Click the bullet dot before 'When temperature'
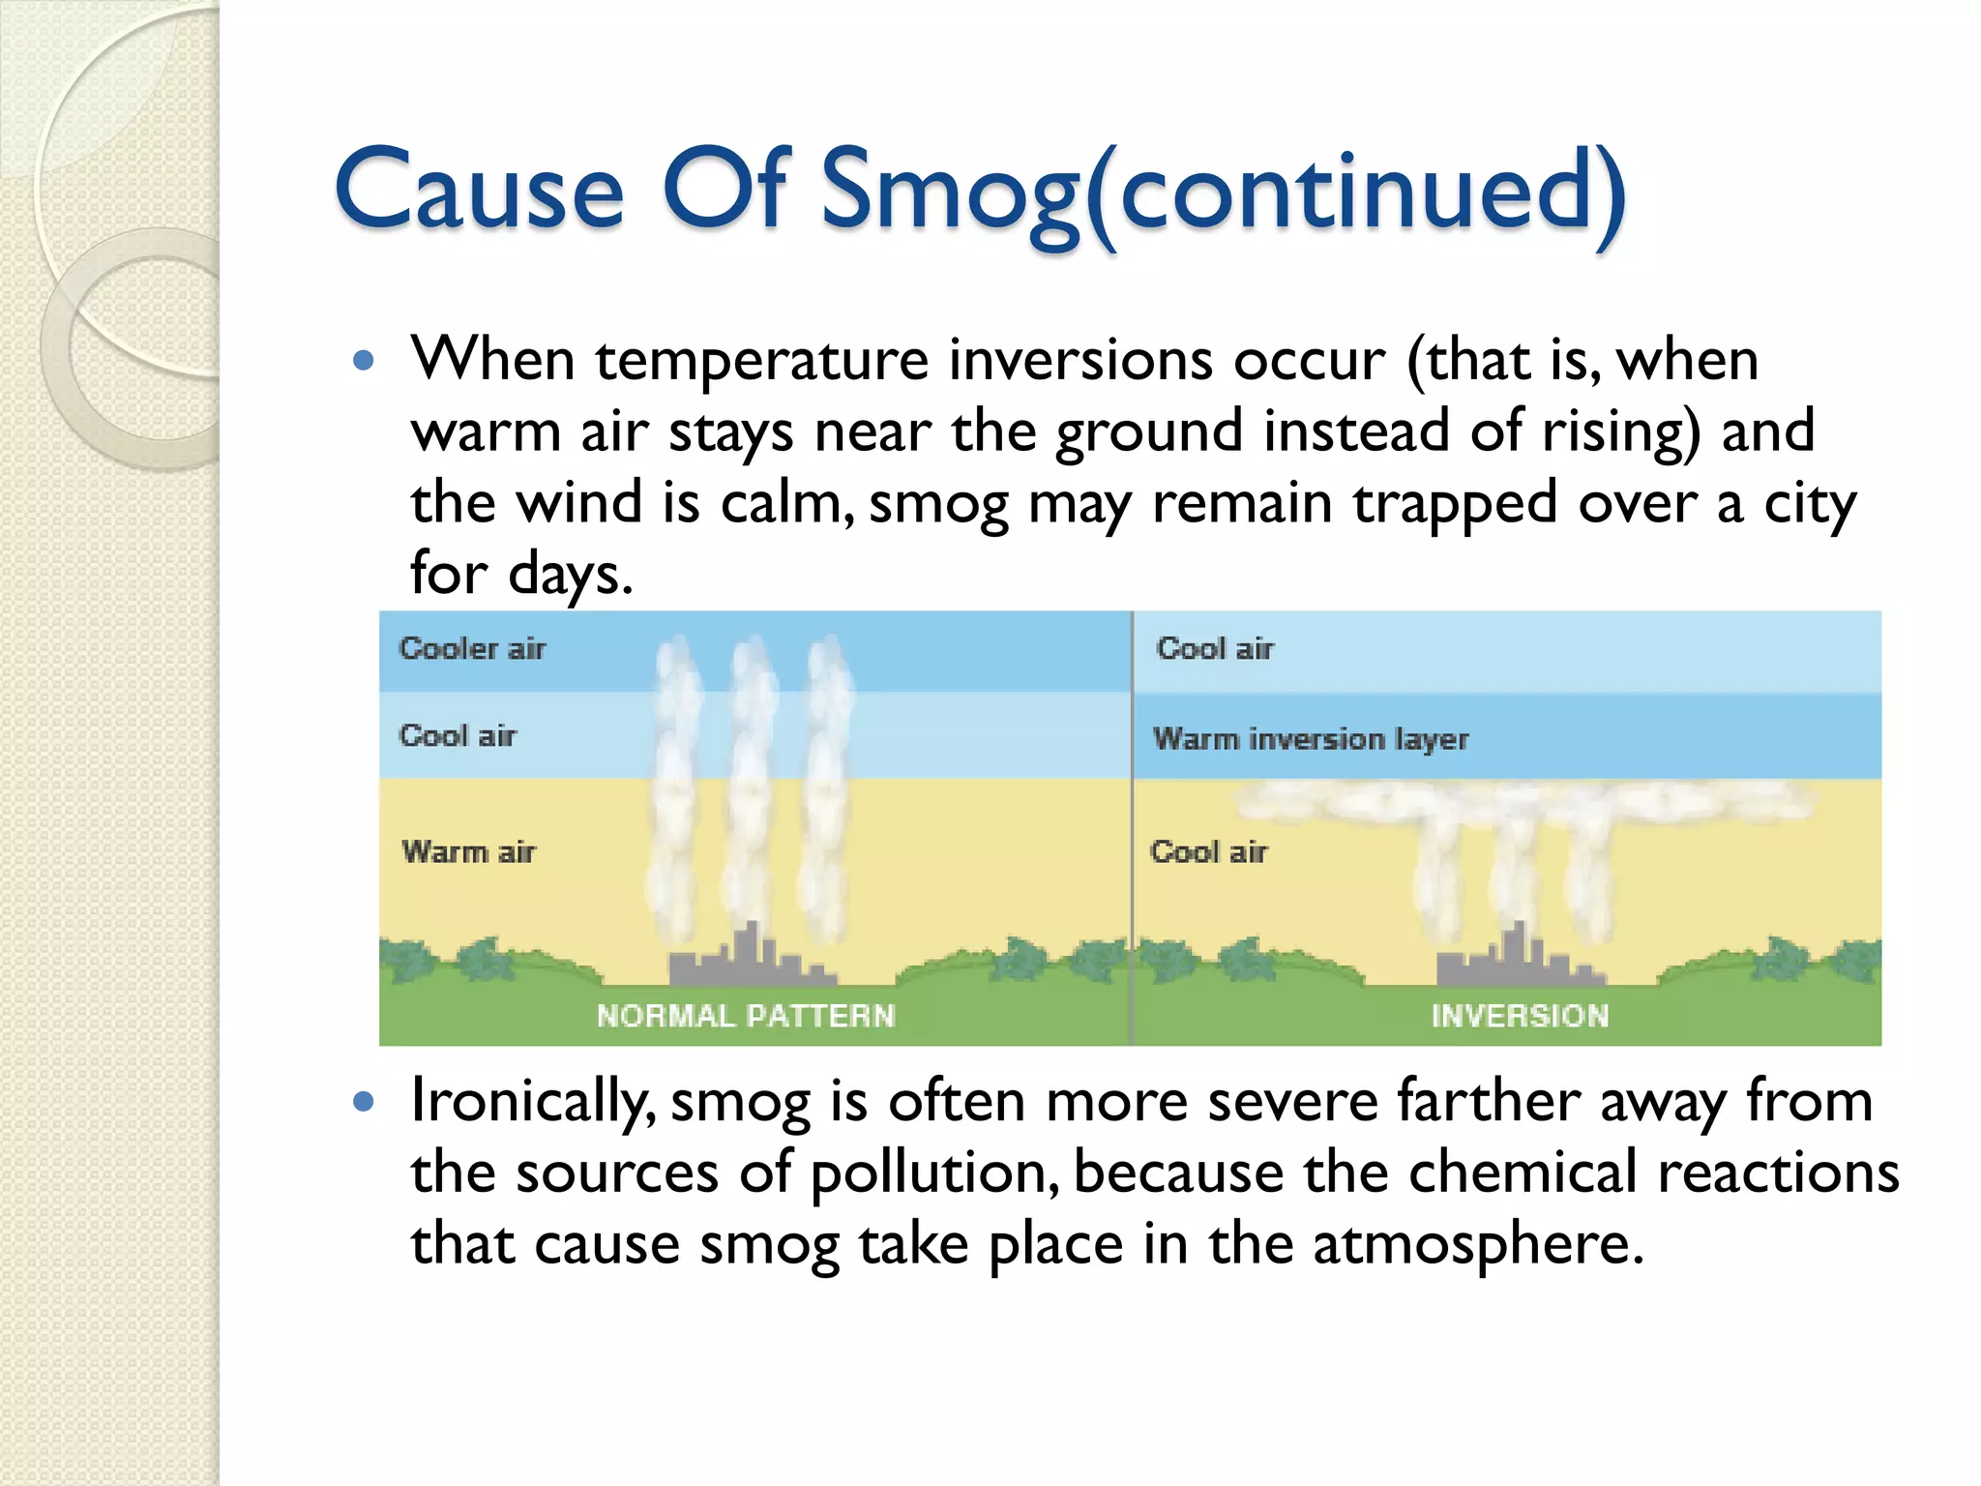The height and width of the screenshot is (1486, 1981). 364,362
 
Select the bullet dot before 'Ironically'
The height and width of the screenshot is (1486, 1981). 364,1102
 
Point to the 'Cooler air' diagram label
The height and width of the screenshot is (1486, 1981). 473,648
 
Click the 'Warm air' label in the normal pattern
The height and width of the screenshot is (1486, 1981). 468,851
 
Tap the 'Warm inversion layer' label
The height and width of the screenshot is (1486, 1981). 1311,739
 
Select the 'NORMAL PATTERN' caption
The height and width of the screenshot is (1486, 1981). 746,1015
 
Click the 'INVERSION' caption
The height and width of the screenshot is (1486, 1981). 1520,1015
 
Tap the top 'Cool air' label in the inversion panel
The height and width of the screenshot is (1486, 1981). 1215,648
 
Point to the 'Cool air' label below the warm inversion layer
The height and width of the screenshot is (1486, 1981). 1208,851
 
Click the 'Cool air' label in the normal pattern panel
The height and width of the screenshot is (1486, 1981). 458,735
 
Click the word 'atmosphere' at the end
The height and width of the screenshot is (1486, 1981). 1477,1245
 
